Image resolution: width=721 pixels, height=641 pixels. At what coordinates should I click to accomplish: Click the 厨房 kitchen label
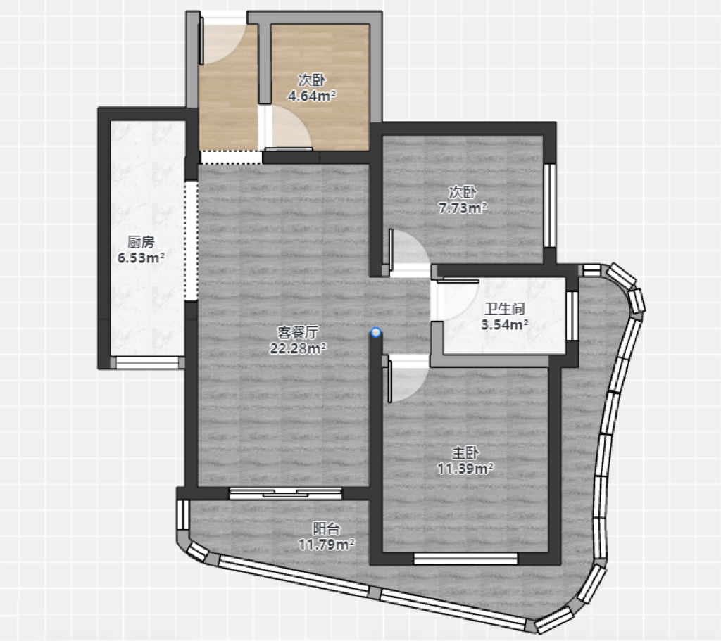pos(141,242)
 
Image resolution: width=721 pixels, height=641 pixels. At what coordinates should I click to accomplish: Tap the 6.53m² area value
pos(141,258)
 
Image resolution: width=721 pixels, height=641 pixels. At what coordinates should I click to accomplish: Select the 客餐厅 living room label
pos(298,332)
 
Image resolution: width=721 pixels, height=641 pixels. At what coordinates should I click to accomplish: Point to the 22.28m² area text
pos(298,348)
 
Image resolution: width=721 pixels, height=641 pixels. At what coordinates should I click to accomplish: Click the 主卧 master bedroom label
pos(465,453)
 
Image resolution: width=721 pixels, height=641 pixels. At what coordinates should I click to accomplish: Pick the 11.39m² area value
pos(465,469)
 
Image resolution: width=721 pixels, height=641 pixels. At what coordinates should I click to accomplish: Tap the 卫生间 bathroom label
pos(504,309)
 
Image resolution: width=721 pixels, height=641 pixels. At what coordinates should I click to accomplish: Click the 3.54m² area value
pos(504,325)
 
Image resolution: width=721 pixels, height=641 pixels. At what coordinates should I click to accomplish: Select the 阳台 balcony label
pos(327,529)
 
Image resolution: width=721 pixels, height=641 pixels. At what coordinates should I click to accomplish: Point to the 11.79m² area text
pos(327,545)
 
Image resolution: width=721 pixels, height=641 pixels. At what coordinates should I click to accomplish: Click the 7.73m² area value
pos(463,208)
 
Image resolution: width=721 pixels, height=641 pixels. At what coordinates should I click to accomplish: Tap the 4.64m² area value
pos(312,96)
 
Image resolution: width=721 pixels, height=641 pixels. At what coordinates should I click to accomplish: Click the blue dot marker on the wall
pos(377,332)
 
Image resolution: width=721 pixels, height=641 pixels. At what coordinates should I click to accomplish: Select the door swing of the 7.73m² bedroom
pos(408,252)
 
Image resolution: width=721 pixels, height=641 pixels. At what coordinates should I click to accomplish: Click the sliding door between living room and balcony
pos(286,493)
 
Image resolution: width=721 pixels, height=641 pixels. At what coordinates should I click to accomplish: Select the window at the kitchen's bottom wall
pos(147,362)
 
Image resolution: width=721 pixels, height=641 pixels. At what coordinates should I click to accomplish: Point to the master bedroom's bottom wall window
pos(465,559)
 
